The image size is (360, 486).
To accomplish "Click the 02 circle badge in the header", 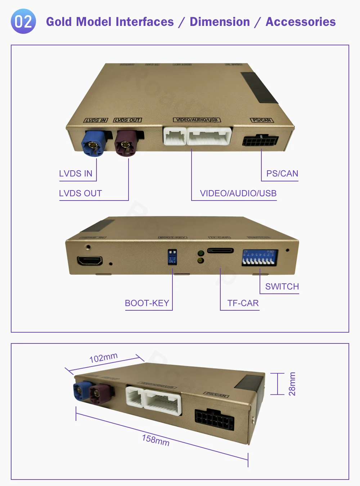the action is tap(23, 22).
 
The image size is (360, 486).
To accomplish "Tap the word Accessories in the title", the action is tap(301, 22).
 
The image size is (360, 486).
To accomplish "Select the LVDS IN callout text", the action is tap(76, 174).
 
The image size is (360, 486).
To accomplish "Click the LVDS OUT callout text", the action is tap(80, 193).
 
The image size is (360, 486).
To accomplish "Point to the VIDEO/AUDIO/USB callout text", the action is tap(238, 193).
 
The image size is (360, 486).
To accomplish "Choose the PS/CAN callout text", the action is tap(282, 174).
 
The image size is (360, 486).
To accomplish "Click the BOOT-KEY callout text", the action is tap(147, 303).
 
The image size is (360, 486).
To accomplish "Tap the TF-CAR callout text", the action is tap(243, 303).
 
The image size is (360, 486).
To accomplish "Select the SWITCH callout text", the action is tap(282, 287).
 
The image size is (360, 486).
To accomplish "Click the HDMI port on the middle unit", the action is tap(90, 260).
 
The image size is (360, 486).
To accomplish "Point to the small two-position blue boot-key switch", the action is tap(172, 256).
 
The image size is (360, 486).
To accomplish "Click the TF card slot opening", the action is tap(220, 251).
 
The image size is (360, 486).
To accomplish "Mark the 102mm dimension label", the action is tap(103, 357).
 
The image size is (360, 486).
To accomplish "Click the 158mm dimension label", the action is tap(156, 440).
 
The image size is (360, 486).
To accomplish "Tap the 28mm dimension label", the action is tap(292, 384).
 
